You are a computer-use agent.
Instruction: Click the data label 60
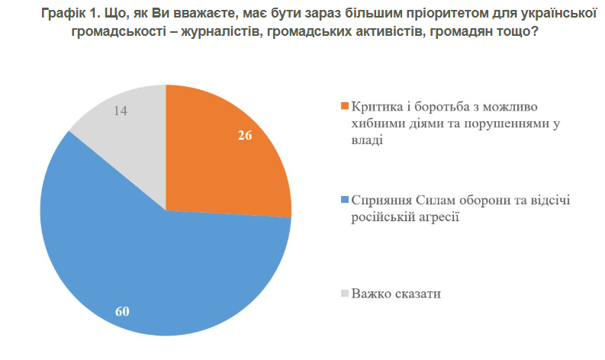point(123,311)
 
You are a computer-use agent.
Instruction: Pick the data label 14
point(119,111)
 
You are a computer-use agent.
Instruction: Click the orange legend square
point(344,105)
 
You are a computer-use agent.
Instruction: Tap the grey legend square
point(344,293)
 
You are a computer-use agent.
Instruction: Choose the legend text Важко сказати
point(397,293)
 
